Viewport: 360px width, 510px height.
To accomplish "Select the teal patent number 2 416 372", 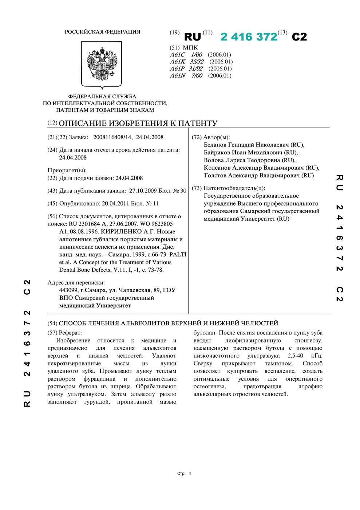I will pos(249,37).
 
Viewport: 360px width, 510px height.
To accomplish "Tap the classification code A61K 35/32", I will pos(187,62).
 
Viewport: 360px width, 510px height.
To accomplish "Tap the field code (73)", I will pos(197,188).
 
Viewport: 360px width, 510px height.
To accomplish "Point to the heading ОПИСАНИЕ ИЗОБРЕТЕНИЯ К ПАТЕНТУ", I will pos(138,123).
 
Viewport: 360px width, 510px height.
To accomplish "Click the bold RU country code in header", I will pos(193,37).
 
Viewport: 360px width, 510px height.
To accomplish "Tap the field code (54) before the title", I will pos(52,323).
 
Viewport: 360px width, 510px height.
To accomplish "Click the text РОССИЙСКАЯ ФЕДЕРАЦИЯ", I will pos(102,32).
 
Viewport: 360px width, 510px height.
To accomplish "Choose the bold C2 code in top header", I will pos(299,37).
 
